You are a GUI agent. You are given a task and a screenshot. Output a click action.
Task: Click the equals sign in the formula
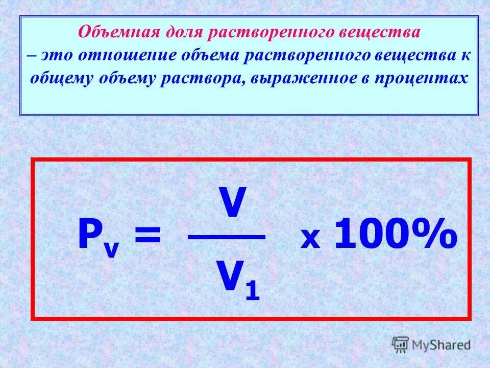[147, 237]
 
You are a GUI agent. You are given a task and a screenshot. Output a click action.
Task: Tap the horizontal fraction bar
[226, 237]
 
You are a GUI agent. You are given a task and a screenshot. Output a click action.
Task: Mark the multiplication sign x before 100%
[309, 239]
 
